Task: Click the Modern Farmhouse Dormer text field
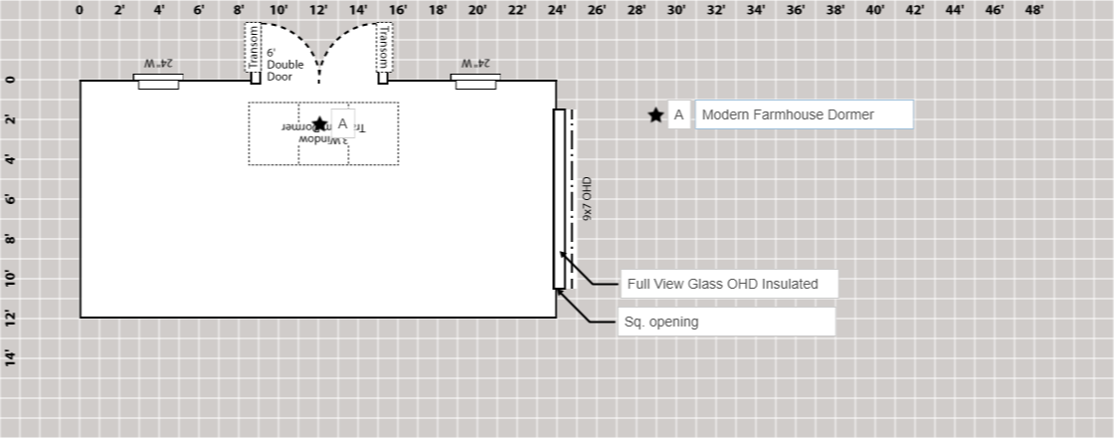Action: tap(804, 114)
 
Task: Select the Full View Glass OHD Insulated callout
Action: tap(729, 284)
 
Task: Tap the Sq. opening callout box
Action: tap(726, 322)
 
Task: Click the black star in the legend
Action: tap(655, 115)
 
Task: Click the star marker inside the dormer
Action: tap(319, 124)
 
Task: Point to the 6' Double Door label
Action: tap(284, 65)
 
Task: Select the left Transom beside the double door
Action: tap(254, 48)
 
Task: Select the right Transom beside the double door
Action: tap(383, 48)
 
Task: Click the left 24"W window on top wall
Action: tap(159, 82)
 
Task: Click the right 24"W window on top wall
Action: tap(475, 82)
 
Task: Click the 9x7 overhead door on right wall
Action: tap(559, 199)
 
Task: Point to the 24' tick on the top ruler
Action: tap(557, 10)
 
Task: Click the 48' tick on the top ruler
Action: tap(1034, 10)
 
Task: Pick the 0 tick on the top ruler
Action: tap(80, 10)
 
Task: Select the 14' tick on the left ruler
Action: tap(10, 358)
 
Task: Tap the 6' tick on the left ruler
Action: tap(10, 199)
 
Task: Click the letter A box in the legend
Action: tap(679, 115)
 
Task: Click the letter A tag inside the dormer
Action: tap(342, 123)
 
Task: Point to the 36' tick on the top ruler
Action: tap(796, 10)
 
